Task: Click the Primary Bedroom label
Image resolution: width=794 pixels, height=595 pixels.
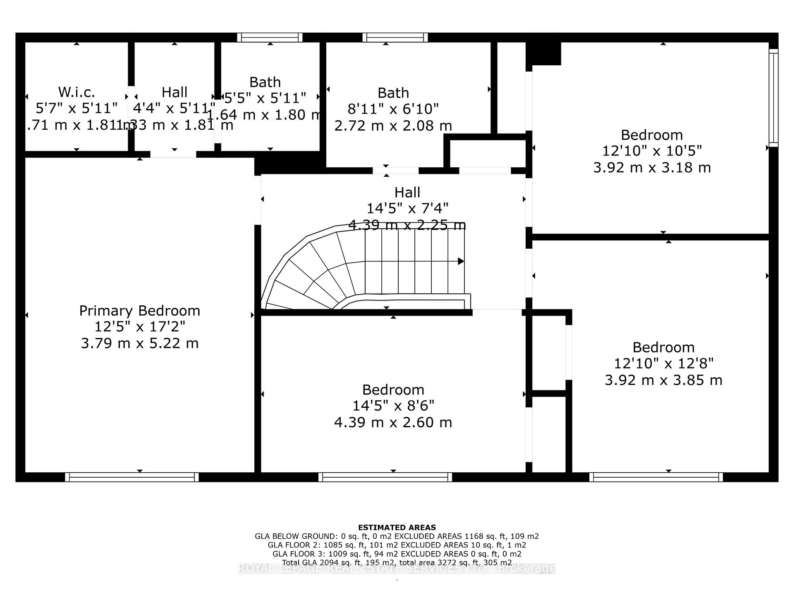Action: click(139, 311)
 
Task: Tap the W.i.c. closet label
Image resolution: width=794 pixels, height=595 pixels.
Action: click(77, 92)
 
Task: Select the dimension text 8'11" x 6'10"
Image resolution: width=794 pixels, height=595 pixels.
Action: click(393, 109)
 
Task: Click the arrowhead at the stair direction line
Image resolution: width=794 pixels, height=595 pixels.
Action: click(461, 261)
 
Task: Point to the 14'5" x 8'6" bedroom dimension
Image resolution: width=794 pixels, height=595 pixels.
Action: click(393, 406)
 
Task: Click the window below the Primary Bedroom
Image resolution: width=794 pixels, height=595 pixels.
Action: click(132, 477)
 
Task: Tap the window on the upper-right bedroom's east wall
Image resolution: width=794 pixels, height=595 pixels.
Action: click(773, 98)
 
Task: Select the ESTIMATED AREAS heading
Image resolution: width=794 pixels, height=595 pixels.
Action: click(397, 527)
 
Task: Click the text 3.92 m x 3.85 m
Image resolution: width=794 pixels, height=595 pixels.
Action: click(663, 380)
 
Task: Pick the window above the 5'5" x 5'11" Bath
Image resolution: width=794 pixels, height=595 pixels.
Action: click(270, 38)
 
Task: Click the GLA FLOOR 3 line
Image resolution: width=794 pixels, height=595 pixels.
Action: click(397, 554)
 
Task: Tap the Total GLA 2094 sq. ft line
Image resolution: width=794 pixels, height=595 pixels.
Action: click(397, 562)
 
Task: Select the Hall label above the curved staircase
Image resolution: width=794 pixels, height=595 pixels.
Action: click(407, 193)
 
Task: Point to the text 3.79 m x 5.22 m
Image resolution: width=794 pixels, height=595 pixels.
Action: click(139, 343)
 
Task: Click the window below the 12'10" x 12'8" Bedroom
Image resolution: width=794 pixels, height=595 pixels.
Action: click(656, 477)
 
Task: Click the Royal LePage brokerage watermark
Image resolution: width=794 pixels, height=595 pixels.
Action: click(397, 569)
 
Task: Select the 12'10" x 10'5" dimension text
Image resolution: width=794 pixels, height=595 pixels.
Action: click(652, 151)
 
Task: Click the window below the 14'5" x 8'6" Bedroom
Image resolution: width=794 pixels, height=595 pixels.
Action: click(385, 477)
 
